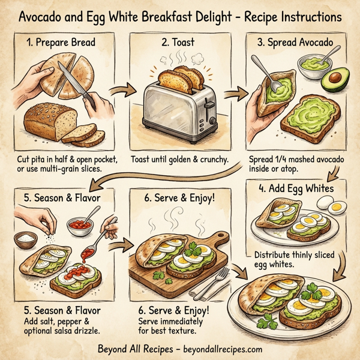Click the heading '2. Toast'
pyautogui.click(x=179, y=44)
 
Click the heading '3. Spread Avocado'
pyautogui.click(x=297, y=43)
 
